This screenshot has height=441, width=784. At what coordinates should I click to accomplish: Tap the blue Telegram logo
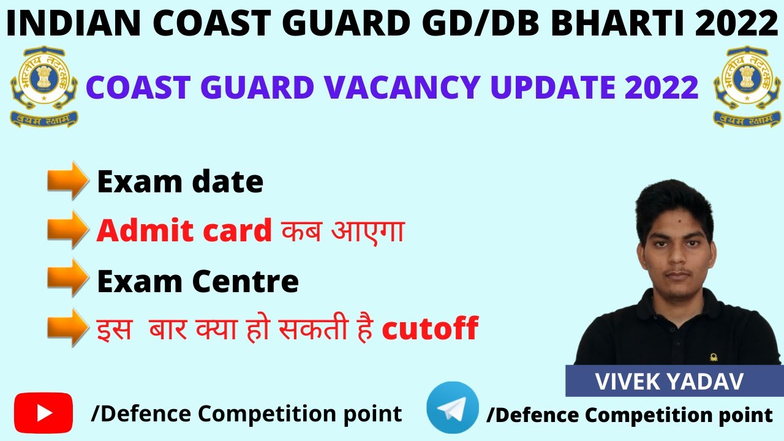[x=453, y=408]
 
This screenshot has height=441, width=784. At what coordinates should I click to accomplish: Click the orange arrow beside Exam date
[x=67, y=180]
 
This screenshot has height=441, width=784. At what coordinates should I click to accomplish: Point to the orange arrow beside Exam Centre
[x=67, y=278]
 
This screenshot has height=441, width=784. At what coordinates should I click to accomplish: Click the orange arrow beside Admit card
[x=67, y=229]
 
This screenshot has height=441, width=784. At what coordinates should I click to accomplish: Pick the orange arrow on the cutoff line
[x=67, y=327]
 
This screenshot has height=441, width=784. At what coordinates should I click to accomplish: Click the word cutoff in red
[x=429, y=330]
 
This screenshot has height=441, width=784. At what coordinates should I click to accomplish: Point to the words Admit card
[x=184, y=230]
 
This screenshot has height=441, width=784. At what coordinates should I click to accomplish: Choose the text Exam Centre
[x=197, y=281]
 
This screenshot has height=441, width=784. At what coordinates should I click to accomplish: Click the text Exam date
[x=180, y=181]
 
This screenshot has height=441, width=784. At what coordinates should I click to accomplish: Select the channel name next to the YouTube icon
[x=246, y=413]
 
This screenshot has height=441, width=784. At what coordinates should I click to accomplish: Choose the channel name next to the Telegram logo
[x=629, y=415]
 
